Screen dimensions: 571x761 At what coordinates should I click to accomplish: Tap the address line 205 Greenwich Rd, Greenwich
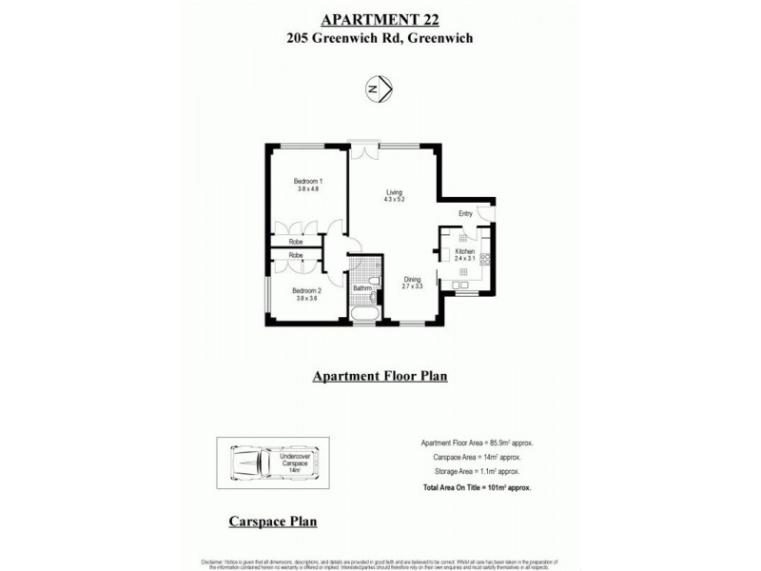pyautogui.click(x=380, y=39)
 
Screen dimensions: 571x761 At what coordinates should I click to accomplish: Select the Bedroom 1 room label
pyautogui.click(x=308, y=182)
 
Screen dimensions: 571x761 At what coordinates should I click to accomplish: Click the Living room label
pyautogui.click(x=394, y=190)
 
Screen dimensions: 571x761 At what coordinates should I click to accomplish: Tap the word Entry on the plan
pyautogui.click(x=465, y=214)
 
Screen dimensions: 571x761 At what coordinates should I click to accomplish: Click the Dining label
pyautogui.click(x=411, y=278)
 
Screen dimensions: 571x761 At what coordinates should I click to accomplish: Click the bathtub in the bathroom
pyautogui.click(x=362, y=313)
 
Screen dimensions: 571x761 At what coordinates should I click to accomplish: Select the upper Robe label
pyautogui.click(x=296, y=242)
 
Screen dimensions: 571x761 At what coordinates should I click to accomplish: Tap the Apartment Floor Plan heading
pyautogui.click(x=380, y=376)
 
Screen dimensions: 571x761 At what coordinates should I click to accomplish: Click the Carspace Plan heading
pyautogui.click(x=273, y=522)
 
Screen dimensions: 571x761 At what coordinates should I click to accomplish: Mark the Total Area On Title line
pyautogui.click(x=475, y=486)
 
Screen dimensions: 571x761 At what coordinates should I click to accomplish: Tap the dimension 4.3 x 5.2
pyautogui.click(x=394, y=199)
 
